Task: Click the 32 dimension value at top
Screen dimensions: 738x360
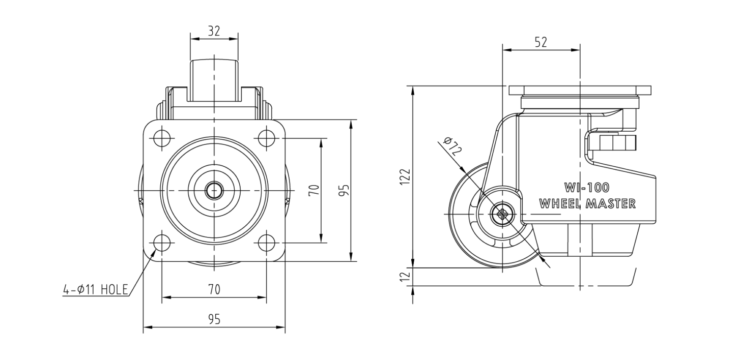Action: (x=214, y=31)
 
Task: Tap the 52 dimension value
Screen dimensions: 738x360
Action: (x=541, y=42)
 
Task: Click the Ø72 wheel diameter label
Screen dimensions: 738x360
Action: (x=453, y=146)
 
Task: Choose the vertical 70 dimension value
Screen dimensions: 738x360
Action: (x=314, y=191)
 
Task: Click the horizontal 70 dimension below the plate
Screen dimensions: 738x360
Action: (x=214, y=290)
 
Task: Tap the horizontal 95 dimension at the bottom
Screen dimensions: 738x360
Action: (x=214, y=319)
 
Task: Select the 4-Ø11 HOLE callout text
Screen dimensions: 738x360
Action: (x=96, y=290)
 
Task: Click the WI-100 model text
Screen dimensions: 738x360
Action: (x=587, y=188)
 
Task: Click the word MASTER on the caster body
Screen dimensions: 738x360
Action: (x=611, y=204)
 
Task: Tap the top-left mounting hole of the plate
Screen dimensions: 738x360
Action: (x=162, y=138)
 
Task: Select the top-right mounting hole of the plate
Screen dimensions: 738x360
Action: (x=266, y=138)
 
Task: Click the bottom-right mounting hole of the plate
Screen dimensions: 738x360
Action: (x=266, y=244)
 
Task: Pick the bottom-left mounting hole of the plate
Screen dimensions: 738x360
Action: (x=162, y=244)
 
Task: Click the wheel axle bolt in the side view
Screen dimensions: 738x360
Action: (x=502, y=214)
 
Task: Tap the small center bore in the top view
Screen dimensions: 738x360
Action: (x=214, y=191)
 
